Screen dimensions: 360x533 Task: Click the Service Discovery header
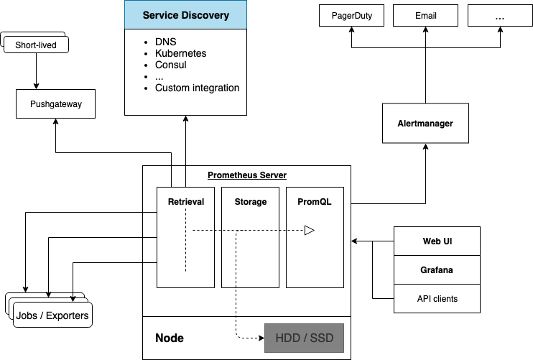point(186,15)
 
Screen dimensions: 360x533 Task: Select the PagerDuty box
point(352,16)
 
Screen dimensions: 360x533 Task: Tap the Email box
point(425,16)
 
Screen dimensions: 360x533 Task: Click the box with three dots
point(499,16)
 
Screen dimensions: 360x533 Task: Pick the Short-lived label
point(36,46)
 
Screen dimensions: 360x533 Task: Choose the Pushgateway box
point(56,104)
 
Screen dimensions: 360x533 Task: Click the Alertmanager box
point(425,124)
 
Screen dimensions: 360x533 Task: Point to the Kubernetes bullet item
point(180,53)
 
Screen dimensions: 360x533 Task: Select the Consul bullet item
point(170,65)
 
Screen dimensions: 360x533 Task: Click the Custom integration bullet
point(197,88)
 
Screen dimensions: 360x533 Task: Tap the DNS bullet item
point(165,42)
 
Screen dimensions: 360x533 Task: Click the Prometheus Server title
point(246,175)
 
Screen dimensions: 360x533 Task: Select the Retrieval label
point(186,202)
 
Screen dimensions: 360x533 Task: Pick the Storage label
point(251,202)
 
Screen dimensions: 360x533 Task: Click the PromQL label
point(315,202)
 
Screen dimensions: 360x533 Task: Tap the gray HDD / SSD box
point(305,338)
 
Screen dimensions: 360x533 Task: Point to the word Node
point(170,338)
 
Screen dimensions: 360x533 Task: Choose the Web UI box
point(437,241)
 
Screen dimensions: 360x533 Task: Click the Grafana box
point(437,270)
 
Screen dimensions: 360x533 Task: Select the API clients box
point(437,298)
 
